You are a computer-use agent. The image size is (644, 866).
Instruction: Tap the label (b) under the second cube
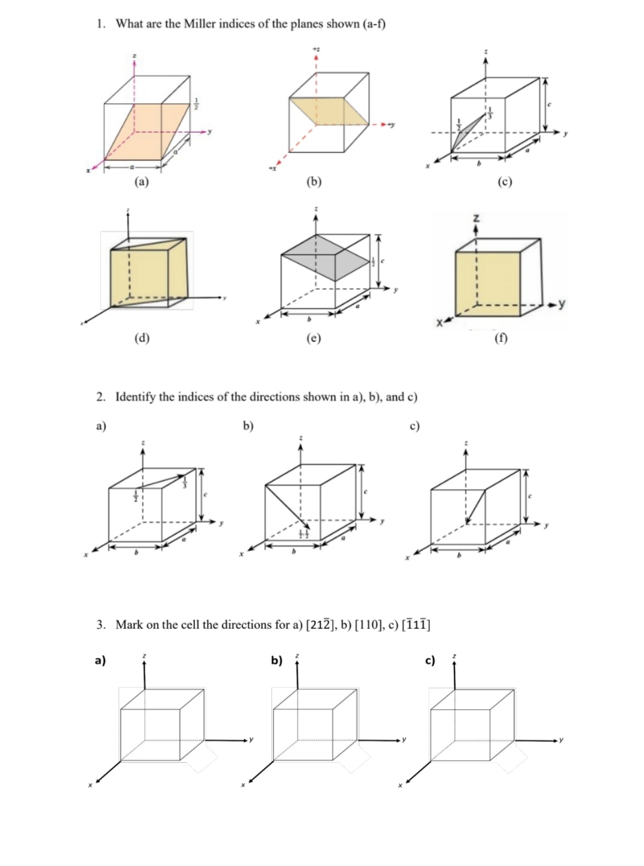pos(314,182)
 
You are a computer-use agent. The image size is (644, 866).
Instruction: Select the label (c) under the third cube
pos(504,182)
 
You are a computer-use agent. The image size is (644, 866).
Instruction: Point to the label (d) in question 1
pos(141,338)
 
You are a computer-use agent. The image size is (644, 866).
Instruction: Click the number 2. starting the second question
pos(102,396)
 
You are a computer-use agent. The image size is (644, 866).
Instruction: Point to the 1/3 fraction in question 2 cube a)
pos(185,480)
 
